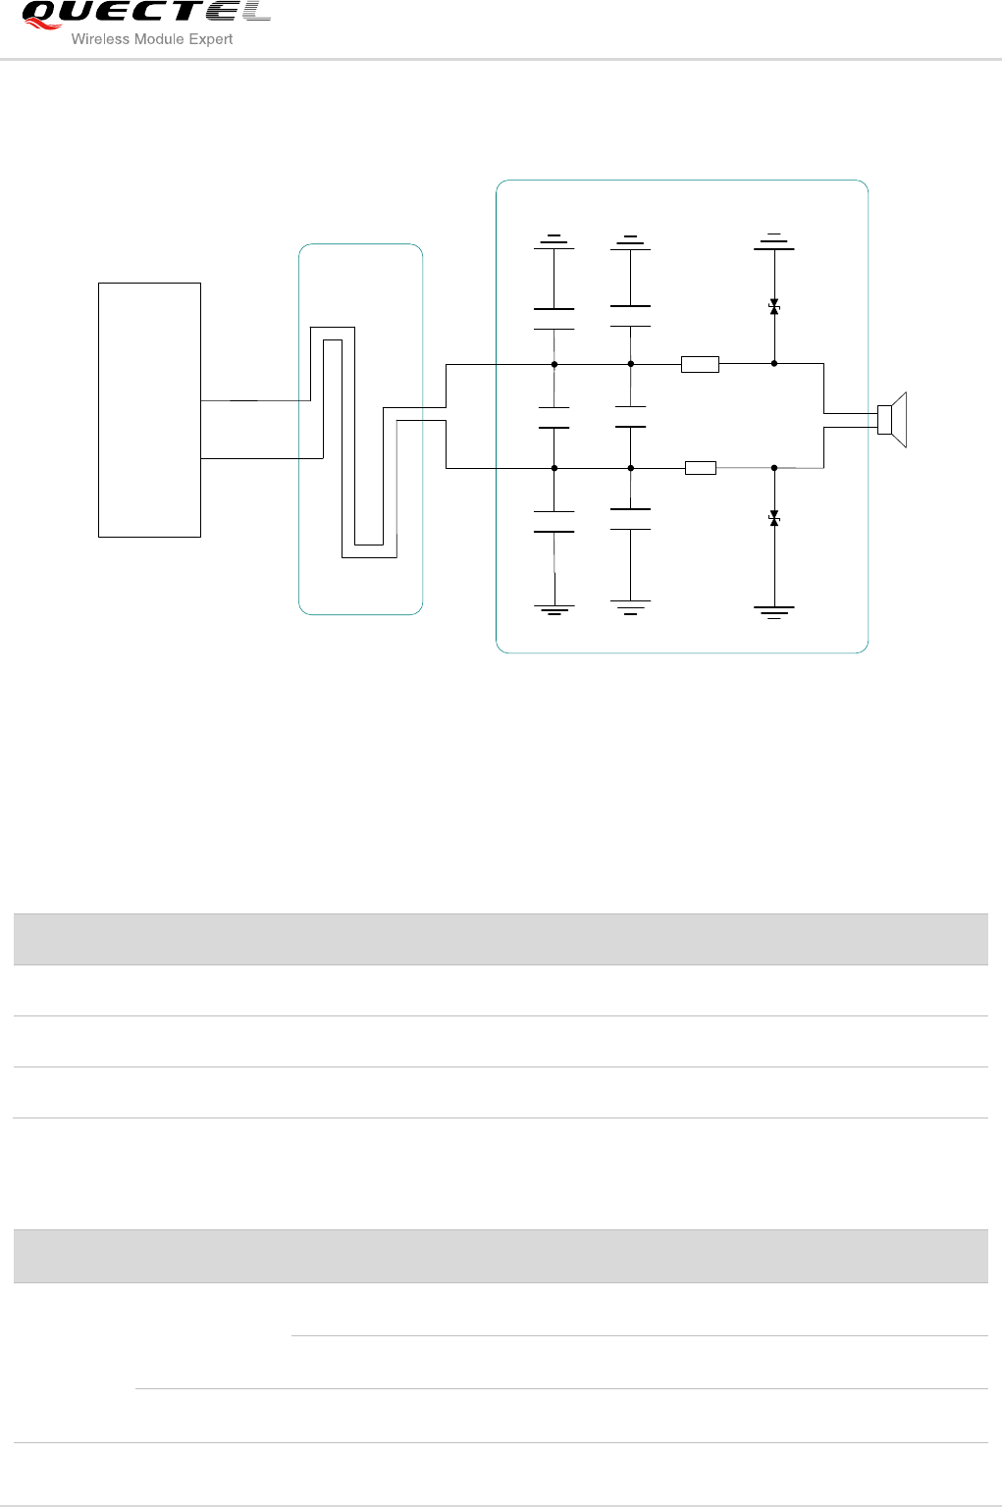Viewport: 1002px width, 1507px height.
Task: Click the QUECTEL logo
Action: [x=145, y=13]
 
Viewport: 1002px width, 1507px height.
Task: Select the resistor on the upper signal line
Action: [x=700, y=365]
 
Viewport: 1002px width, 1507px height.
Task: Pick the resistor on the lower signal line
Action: [x=700, y=469]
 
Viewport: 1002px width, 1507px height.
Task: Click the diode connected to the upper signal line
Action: [x=774, y=308]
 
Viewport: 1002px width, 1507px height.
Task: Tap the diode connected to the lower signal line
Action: [x=774, y=518]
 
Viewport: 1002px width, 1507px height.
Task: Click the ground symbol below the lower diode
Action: [x=774, y=612]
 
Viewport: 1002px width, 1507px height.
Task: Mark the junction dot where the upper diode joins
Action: [x=774, y=364]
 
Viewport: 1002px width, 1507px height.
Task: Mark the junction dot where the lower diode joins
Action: [x=774, y=469]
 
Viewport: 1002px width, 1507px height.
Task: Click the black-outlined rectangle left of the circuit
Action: [x=149, y=410]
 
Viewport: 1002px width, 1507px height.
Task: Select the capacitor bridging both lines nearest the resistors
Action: [x=630, y=417]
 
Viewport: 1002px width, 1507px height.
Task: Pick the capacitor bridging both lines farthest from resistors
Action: [x=554, y=418]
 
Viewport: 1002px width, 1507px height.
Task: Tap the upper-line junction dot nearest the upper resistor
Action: [x=631, y=364]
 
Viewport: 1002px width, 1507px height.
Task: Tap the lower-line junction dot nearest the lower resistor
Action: [x=631, y=469]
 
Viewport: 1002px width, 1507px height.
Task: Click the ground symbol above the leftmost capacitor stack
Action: [x=554, y=240]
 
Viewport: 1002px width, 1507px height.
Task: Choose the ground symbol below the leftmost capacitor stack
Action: [x=554, y=610]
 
